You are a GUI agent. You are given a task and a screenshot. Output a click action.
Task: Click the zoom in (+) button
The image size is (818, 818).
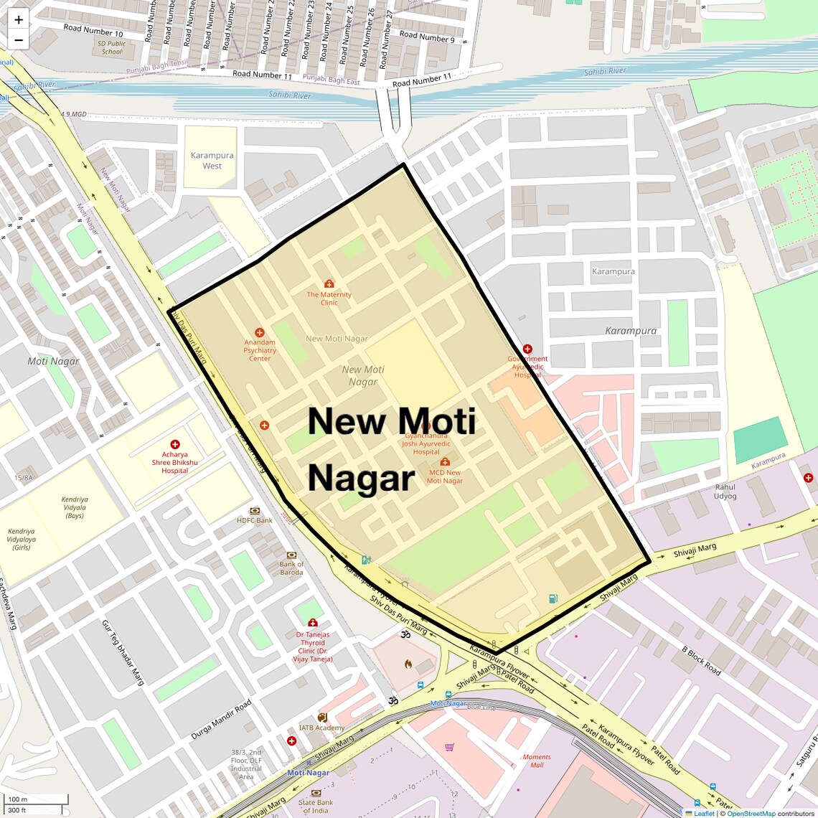click(19, 19)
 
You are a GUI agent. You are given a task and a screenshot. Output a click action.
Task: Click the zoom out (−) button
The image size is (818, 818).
click(19, 40)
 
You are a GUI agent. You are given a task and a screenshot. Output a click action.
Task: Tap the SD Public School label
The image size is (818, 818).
click(112, 47)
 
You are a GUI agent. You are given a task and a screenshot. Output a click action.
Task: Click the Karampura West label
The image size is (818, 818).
click(212, 161)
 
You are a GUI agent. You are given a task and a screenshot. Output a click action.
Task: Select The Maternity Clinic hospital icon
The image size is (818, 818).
click(329, 284)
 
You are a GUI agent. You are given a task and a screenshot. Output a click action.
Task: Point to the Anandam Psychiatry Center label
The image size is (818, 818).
click(260, 350)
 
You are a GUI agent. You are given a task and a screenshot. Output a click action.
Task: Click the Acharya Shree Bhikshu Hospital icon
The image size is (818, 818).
click(175, 445)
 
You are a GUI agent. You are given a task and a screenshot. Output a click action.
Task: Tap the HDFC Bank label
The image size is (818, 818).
click(255, 520)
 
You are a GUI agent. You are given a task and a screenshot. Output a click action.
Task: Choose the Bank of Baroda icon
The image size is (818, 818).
click(291, 555)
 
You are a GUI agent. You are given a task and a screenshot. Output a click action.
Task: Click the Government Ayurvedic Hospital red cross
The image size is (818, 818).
click(527, 349)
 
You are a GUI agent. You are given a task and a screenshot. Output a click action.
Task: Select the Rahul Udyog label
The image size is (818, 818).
click(725, 492)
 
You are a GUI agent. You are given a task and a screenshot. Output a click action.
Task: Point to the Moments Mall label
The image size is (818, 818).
click(537, 761)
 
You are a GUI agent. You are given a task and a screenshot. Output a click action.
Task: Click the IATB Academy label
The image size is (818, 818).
click(322, 728)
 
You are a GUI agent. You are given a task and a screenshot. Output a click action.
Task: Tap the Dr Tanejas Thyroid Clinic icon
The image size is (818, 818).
click(313, 623)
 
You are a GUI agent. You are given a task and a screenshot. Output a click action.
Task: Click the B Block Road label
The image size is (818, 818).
click(701, 660)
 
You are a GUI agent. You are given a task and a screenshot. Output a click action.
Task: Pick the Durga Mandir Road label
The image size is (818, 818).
click(221, 720)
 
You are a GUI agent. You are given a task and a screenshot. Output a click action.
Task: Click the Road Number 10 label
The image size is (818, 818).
click(93, 30)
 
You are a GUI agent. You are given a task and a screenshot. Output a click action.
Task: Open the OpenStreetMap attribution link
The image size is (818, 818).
click(751, 814)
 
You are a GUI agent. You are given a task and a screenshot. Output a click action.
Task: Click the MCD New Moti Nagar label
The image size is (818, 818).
click(445, 476)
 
